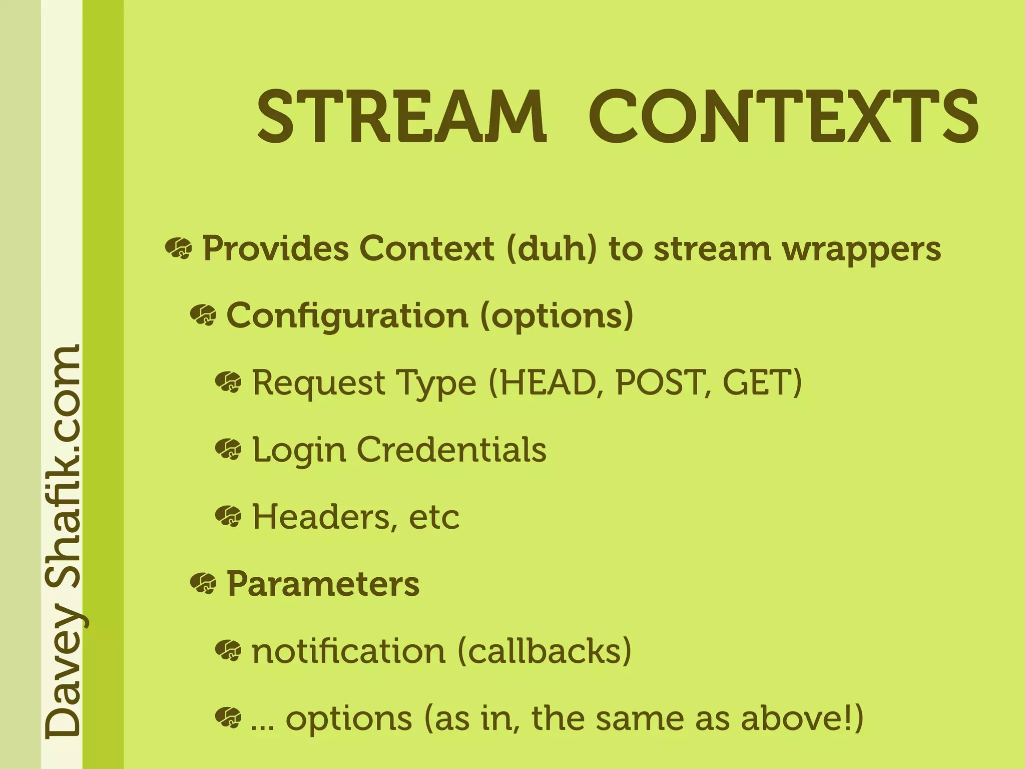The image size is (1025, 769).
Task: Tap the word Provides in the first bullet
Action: coord(275,249)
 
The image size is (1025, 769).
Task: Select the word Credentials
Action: coord(451,449)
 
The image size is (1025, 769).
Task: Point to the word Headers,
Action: coord(321,517)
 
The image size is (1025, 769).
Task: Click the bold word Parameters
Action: coord(323,584)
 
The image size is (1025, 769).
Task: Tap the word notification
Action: coord(348,651)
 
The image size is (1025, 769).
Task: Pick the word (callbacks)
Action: coord(545,651)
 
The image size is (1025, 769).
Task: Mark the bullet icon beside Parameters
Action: coord(203,583)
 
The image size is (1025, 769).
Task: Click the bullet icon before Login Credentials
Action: coord(228,449)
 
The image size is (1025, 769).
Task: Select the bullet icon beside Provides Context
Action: coord(178,248)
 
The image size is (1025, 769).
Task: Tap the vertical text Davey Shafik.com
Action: coord(62,541)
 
